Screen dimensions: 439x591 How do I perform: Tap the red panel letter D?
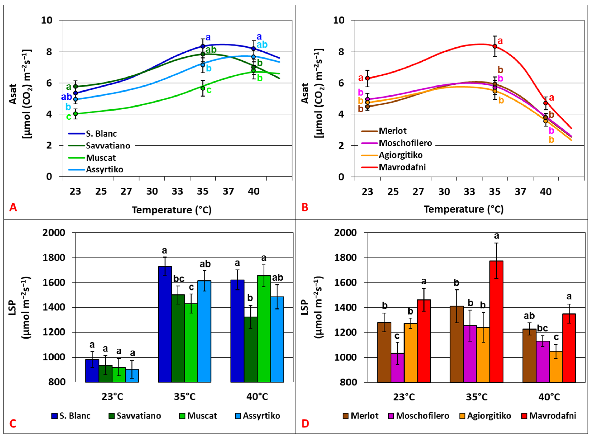click(305, 424)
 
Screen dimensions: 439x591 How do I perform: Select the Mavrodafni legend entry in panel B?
click(402, 167)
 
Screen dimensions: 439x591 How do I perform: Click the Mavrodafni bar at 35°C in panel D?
click(496, 322)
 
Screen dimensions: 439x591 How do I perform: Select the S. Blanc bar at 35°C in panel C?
click(165, 324)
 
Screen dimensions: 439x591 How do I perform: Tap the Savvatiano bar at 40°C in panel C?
click(251, 349)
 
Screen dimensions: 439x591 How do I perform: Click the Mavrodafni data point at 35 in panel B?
click(495, 46)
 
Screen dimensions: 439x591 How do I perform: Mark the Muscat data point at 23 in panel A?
click(75, 114)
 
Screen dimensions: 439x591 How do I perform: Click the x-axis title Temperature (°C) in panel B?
click(463, 209)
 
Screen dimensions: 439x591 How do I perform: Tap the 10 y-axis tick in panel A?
click(47, 20)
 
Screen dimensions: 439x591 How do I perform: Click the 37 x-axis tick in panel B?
click(520, 192)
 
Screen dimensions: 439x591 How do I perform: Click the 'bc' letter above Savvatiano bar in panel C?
click(179, 279)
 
